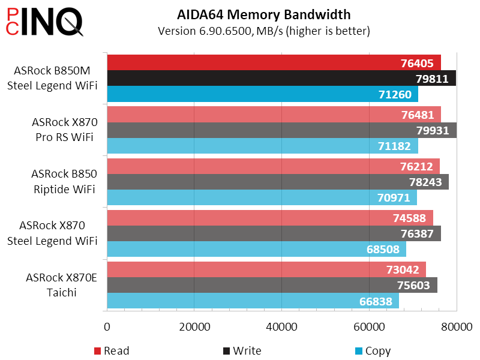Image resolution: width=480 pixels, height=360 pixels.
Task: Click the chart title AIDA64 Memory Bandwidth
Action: (x=264, y=15)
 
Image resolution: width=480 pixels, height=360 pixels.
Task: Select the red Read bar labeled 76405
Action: (x=274, y=62)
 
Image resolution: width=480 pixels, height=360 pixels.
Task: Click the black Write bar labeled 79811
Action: (x=281, y=78)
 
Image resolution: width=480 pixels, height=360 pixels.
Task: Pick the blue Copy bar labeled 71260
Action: (x=262, y=94)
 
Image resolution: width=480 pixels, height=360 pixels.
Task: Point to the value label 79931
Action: (x=431, y=130)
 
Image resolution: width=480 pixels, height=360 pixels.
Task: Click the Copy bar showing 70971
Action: (x=262, y=197)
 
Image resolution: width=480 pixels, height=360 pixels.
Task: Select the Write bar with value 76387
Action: (x=274, y=233)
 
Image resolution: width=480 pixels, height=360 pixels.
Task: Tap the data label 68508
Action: (x=385, y=249)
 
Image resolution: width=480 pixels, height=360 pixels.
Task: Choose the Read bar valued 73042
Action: (x=266, y=269)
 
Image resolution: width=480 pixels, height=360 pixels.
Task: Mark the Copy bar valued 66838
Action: (x=253, y=301)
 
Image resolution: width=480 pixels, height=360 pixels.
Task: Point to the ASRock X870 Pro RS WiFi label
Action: (x=64, y=130)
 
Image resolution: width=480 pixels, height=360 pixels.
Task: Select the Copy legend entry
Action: (x=373, y=350)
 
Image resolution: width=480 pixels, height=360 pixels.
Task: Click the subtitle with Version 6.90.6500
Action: (x=264, y=31)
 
